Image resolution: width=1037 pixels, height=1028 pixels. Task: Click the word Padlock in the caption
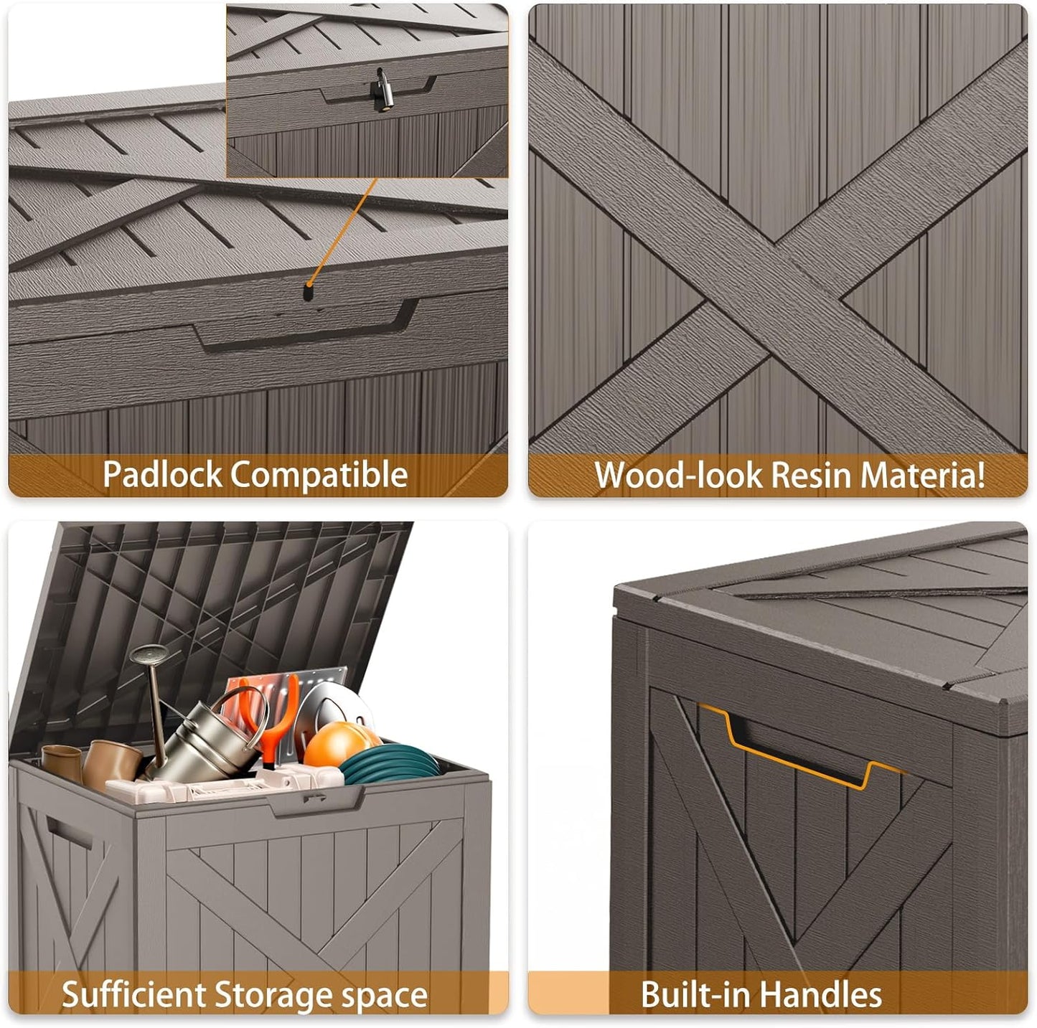(162, 475)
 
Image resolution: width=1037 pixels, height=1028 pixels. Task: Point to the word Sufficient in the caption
(133, 995)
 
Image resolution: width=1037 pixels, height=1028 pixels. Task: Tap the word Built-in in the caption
(696, 995)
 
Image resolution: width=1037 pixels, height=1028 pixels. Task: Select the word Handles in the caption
(821, 995)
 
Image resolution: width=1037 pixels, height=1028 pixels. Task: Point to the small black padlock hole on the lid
(309, 293)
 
